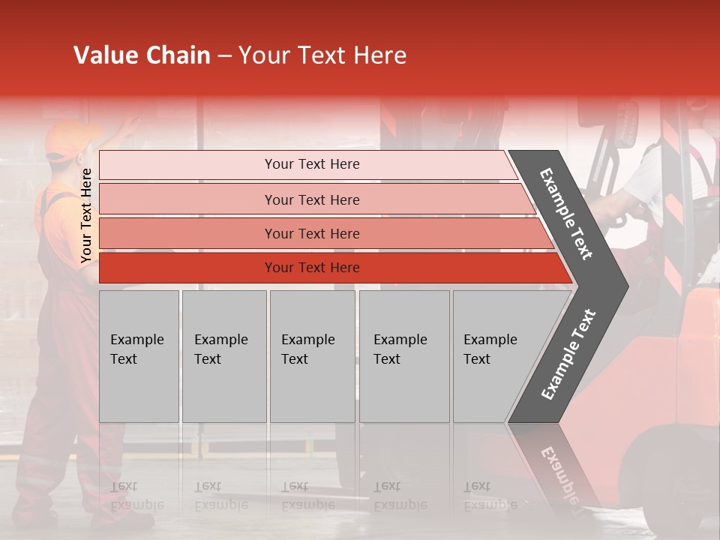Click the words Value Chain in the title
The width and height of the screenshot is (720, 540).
click(x=142, y=55)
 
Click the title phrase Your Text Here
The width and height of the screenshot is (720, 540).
click(x=322, y=55)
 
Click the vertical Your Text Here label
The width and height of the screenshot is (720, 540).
click(x=87, y=216)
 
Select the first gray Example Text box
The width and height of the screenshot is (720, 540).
click(x=139, y=355)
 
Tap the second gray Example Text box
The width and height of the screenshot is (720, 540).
click(x=223, y=355)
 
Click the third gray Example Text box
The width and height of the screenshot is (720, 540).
click(x=312, y=355)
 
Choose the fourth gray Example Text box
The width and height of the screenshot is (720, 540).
click(x=403, y=355)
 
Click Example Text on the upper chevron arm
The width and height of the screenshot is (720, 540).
click(x=566, y=214)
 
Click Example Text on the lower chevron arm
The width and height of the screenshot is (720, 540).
click(x=568, y=355)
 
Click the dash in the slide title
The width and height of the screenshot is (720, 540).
click(x=224, y=56)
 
